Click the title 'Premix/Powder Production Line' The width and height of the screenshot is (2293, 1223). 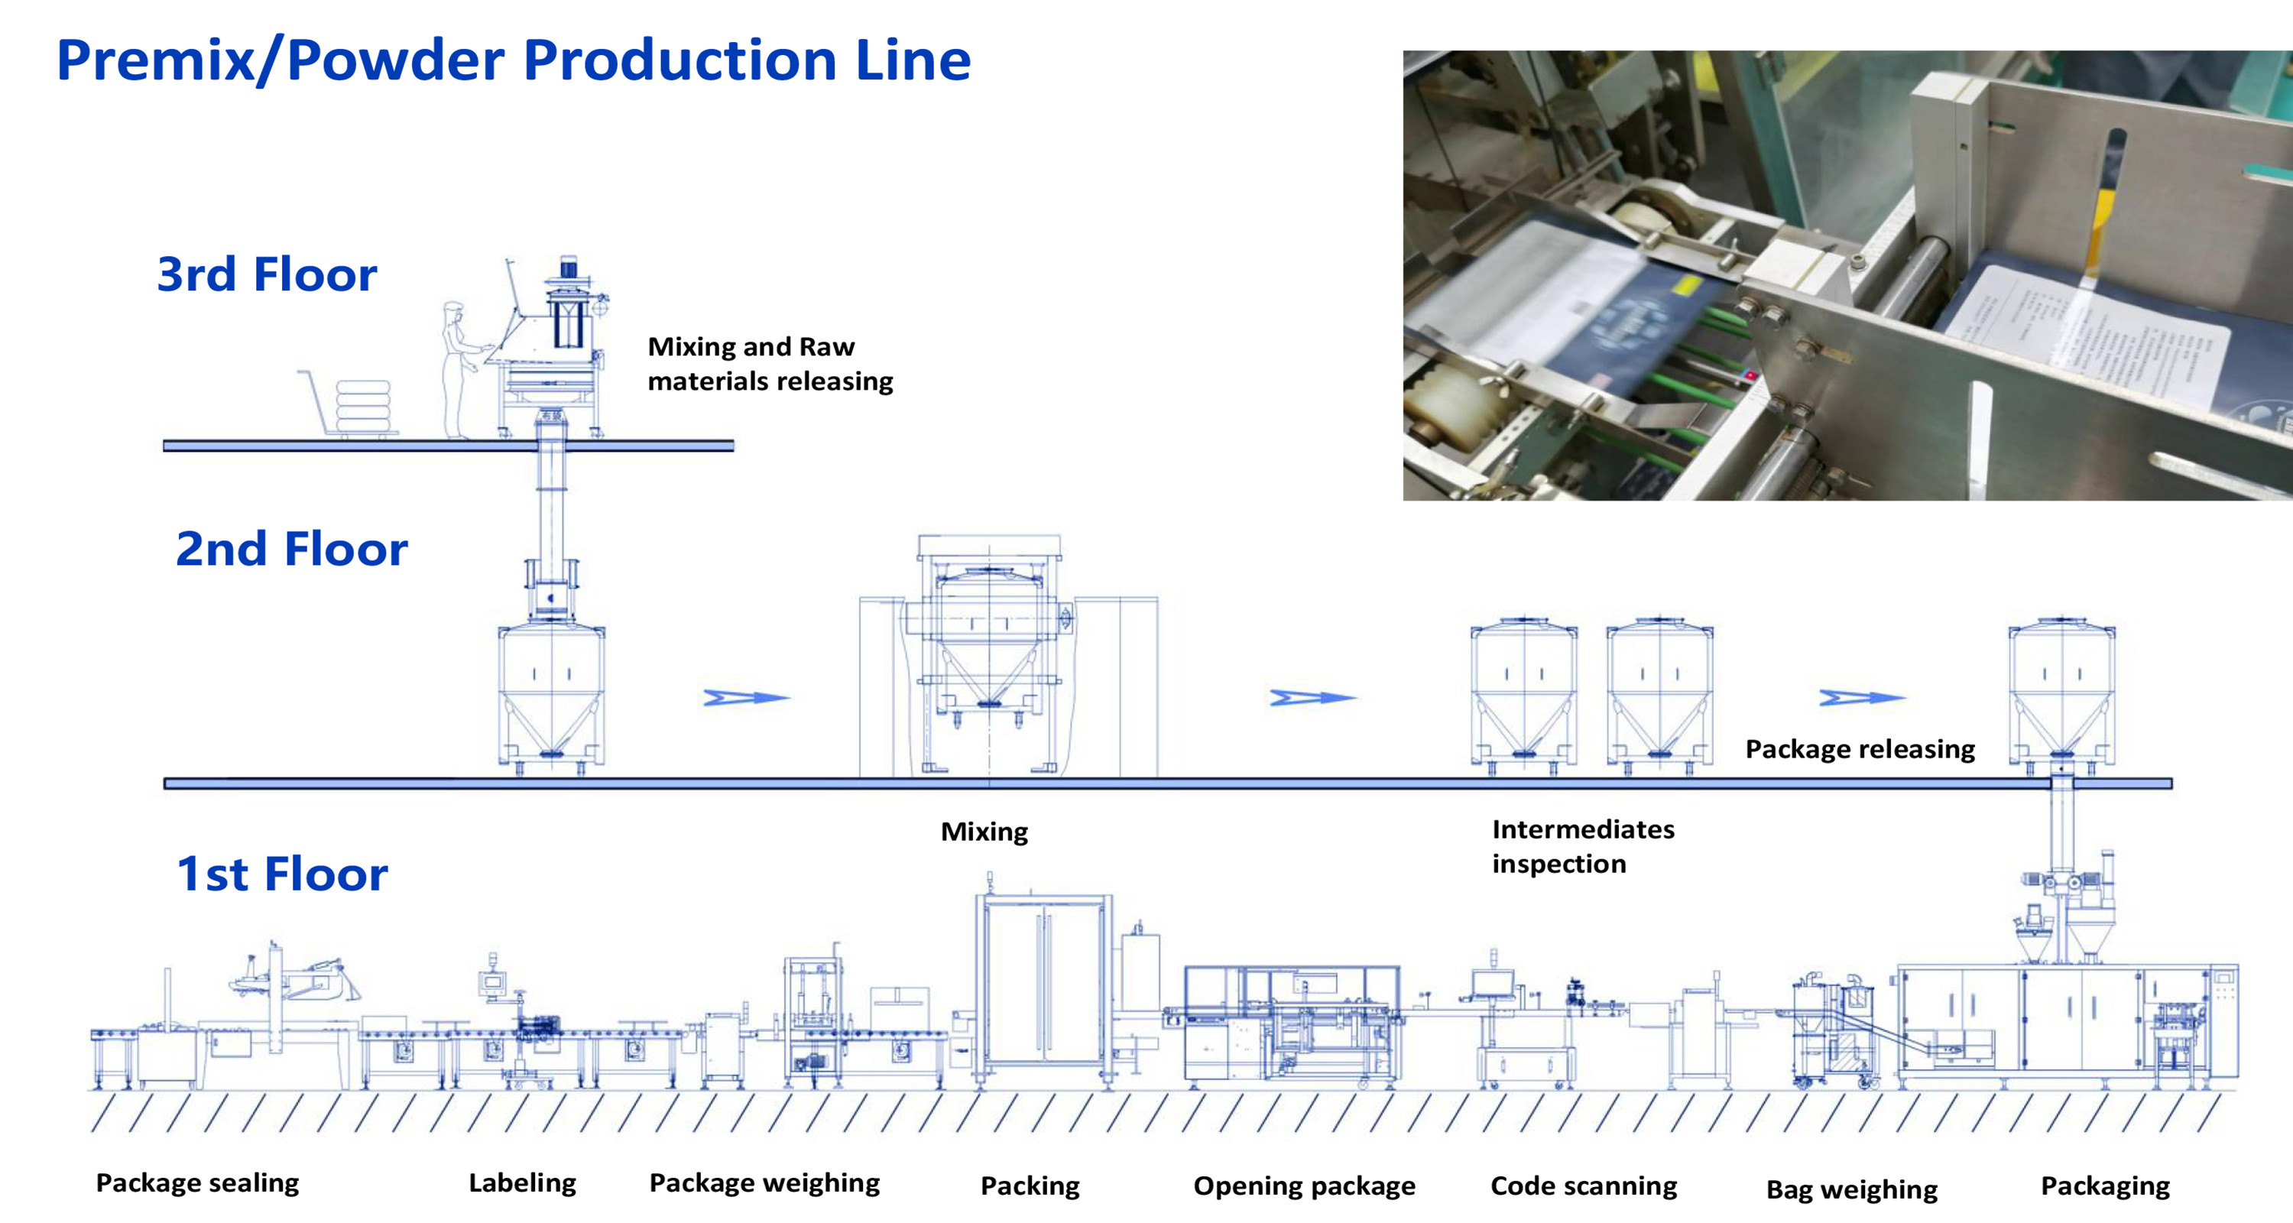514,60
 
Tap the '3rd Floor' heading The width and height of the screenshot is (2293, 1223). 267,274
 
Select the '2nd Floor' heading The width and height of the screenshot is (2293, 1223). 291,548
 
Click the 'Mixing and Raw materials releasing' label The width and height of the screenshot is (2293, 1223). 770,363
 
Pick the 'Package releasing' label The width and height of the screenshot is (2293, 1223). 1860,748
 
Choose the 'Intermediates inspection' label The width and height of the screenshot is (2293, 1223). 1583,845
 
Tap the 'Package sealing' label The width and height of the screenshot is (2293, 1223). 198,1183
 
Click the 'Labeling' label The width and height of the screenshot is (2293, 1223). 523,1183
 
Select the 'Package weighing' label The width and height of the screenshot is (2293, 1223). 764,1183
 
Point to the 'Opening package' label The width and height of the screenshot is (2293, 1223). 1304,1186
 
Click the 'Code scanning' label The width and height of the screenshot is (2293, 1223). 1584,1186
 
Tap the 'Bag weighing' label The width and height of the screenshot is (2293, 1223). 1851,1189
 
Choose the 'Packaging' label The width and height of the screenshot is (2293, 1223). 2105,1186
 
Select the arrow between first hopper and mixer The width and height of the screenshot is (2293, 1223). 746,698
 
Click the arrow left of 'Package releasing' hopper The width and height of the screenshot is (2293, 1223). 1861,698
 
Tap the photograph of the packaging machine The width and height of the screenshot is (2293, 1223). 1847,275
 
